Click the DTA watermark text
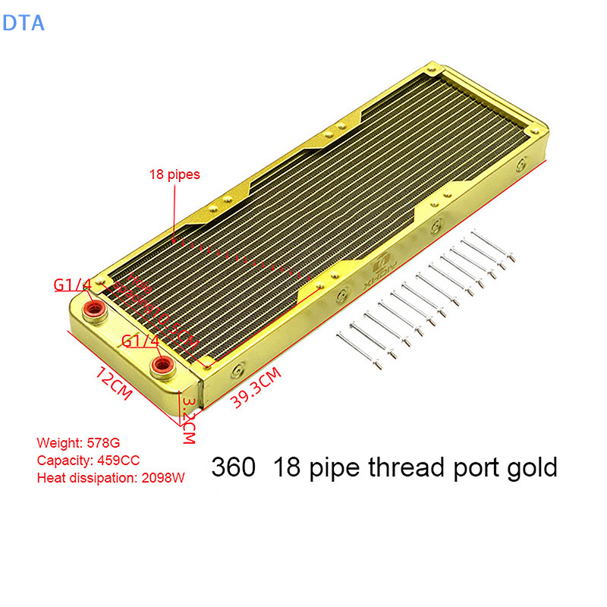click(x=24, y=23)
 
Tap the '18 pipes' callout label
click(x=175, y=175)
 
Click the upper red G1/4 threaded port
click(x=95, y=309)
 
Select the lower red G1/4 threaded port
click(x=161, y=368)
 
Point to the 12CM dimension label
click(x=113, y=382)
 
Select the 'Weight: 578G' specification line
click(x=79, y=442)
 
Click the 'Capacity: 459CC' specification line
click(x=88, y=460)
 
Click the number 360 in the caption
click(x=234, y=467)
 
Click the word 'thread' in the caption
click(x=402, y=467)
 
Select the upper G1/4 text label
click(x=73, y=285)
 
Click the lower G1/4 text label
click(x=141, y=341)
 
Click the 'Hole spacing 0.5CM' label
click(x=156, y=307)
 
